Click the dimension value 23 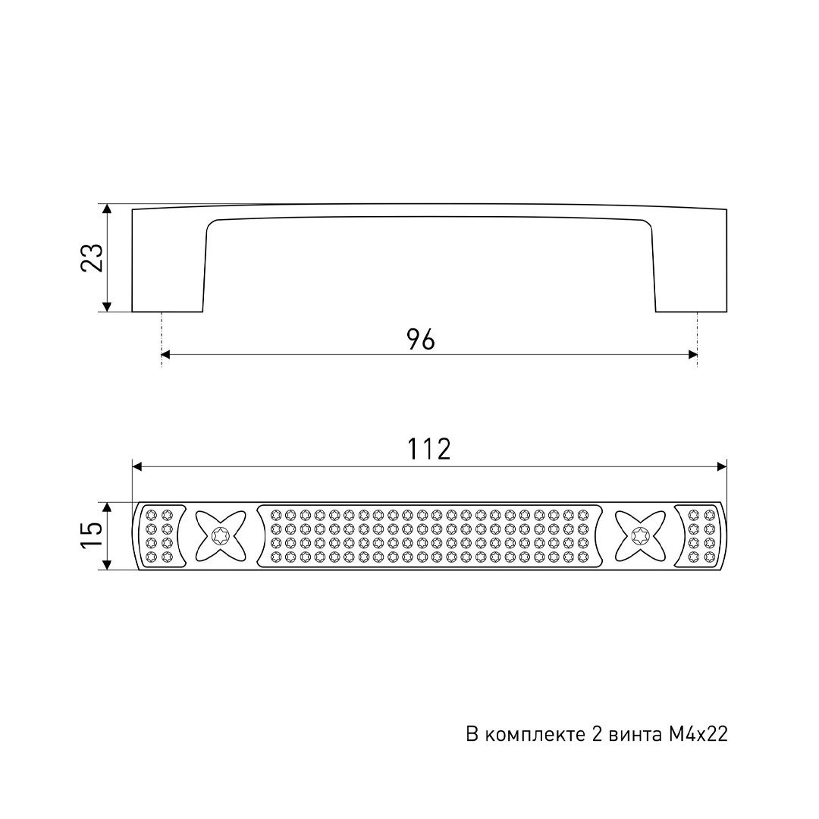coord(92,258)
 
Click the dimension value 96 coord(421,340)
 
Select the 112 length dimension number coord(428,449)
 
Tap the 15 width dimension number coord(92,535)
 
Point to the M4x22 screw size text coord(698,734)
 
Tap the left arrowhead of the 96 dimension coord(166,355)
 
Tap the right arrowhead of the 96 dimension coord(693,355)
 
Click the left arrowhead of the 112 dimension coord(136,466)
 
